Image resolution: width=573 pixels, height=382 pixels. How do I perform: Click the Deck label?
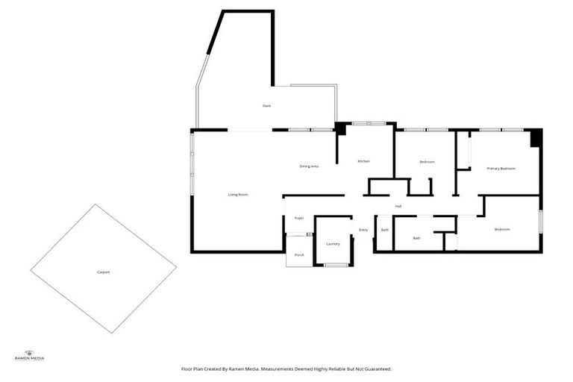tap(266, 106)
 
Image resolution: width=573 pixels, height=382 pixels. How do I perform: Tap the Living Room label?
tap(238, 195)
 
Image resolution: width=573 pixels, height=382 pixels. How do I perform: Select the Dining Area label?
tap(309, 166)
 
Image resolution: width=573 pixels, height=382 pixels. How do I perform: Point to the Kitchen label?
tap(363, 161)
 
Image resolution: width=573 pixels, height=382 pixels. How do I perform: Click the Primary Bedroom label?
tap(501, 169)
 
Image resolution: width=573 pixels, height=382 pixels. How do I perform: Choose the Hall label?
tap(398, 206)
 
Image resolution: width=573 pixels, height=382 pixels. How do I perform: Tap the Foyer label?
tap(299, 218)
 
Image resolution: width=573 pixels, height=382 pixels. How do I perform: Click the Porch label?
tap(299, 255)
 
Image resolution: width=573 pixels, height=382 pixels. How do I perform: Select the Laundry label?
tap(333, 243)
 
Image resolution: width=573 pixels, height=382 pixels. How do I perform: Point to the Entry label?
tap(363, 230)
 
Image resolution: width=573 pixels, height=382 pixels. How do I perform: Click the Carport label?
tap(103, 272)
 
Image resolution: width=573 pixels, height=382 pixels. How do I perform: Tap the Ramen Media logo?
tap(30, 356)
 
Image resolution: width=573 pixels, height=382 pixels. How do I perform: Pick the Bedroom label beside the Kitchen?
tap(427, 162)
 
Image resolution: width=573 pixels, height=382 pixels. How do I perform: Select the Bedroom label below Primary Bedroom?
tap(502, 229)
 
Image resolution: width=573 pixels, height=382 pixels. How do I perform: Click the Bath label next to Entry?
tap(384, 230)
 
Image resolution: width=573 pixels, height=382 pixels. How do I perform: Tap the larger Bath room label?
tap(417, 238)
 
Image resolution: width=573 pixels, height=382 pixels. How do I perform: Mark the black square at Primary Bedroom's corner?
tap(536, 139)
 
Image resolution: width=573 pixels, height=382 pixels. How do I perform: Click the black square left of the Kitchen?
tap(340, 128)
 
